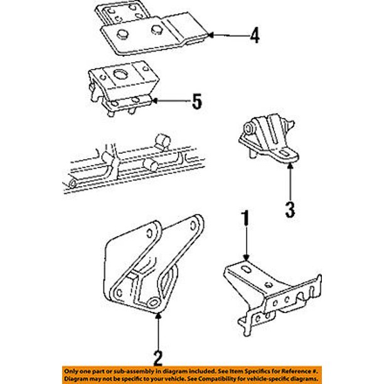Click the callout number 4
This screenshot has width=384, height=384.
point(255,36)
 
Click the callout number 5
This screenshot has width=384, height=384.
point(197,102)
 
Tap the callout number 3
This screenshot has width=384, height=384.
point(291,210)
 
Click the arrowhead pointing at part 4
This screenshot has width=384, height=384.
point(211,35)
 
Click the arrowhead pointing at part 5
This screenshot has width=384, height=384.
point(155,100)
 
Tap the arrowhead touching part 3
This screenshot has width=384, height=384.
point(291,166)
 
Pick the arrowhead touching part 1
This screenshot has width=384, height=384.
point(246,257)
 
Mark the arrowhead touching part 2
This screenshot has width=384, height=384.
point(159,316)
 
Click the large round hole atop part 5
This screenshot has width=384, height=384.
point(120,74)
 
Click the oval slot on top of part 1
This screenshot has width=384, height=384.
point(246,270)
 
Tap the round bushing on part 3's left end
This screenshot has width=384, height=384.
point(249,129)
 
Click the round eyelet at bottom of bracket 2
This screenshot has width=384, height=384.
point(153,302)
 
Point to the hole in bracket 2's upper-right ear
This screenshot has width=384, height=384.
point(193,225)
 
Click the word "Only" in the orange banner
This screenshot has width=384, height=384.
point(70,371)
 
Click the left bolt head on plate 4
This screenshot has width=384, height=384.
point(122,34)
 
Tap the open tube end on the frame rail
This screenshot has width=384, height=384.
point(73,183)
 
